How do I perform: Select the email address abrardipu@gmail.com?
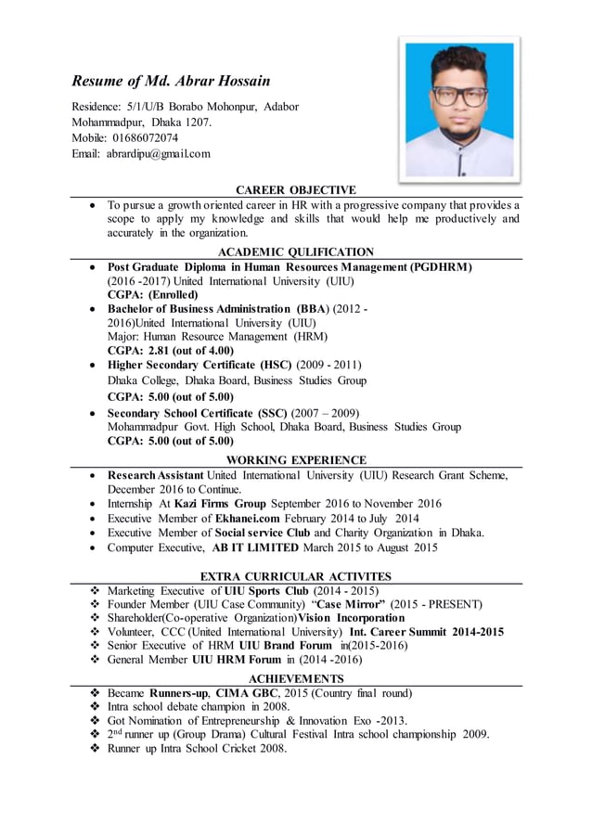pos(158,153)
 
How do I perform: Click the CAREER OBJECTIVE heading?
pos(295,190)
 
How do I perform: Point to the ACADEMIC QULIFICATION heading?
pos(295,251)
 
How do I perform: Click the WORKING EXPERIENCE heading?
pos(296,459)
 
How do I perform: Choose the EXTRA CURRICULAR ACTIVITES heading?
pos(296,576)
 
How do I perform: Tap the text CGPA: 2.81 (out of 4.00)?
pos(171,351)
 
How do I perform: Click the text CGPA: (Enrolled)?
pos(153,295)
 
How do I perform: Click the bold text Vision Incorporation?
pos(352,618)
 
